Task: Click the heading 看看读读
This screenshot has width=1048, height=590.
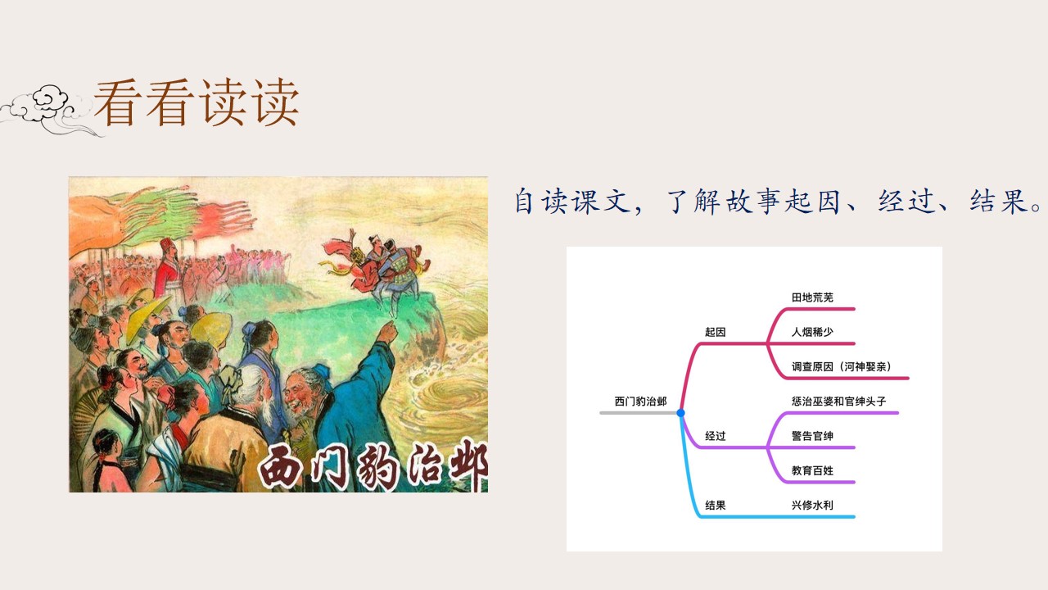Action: pyautogui.click(x=196, y=102)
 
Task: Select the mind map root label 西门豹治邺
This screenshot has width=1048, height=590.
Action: pyautogui.click(x=640, y=402)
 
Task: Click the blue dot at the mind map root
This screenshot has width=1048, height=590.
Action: pyautogui.click(x=680, y=413)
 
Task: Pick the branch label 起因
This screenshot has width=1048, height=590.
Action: pyautogui.click(x=716, y=332)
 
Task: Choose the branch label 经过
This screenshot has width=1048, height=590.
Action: pyautogui.click(x=716, y=436)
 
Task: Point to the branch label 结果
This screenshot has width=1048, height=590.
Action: pyautogui.click(x=716, y=506)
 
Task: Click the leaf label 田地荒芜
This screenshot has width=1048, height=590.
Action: pyautogui.click(x=812, y=297)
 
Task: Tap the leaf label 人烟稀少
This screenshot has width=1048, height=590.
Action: pyautogui.click(x=812, y=332)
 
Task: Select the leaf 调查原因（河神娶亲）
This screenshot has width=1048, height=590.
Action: pyautogui.click(x=841, y=366)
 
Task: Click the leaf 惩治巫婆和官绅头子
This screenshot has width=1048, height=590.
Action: pyautogui.click(x=839, y=402)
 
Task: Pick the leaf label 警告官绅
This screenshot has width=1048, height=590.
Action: pyautogui.click(x=812, y=436)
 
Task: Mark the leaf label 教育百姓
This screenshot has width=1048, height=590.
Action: pyautogui.click(x=812, y=470)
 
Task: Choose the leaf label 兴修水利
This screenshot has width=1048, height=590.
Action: pyautogui.click(x=812, y=506)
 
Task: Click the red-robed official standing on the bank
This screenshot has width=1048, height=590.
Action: pyautogui.click(x=169, y=271)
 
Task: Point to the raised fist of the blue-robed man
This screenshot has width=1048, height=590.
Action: pyautogui.click(x=387, y=332)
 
